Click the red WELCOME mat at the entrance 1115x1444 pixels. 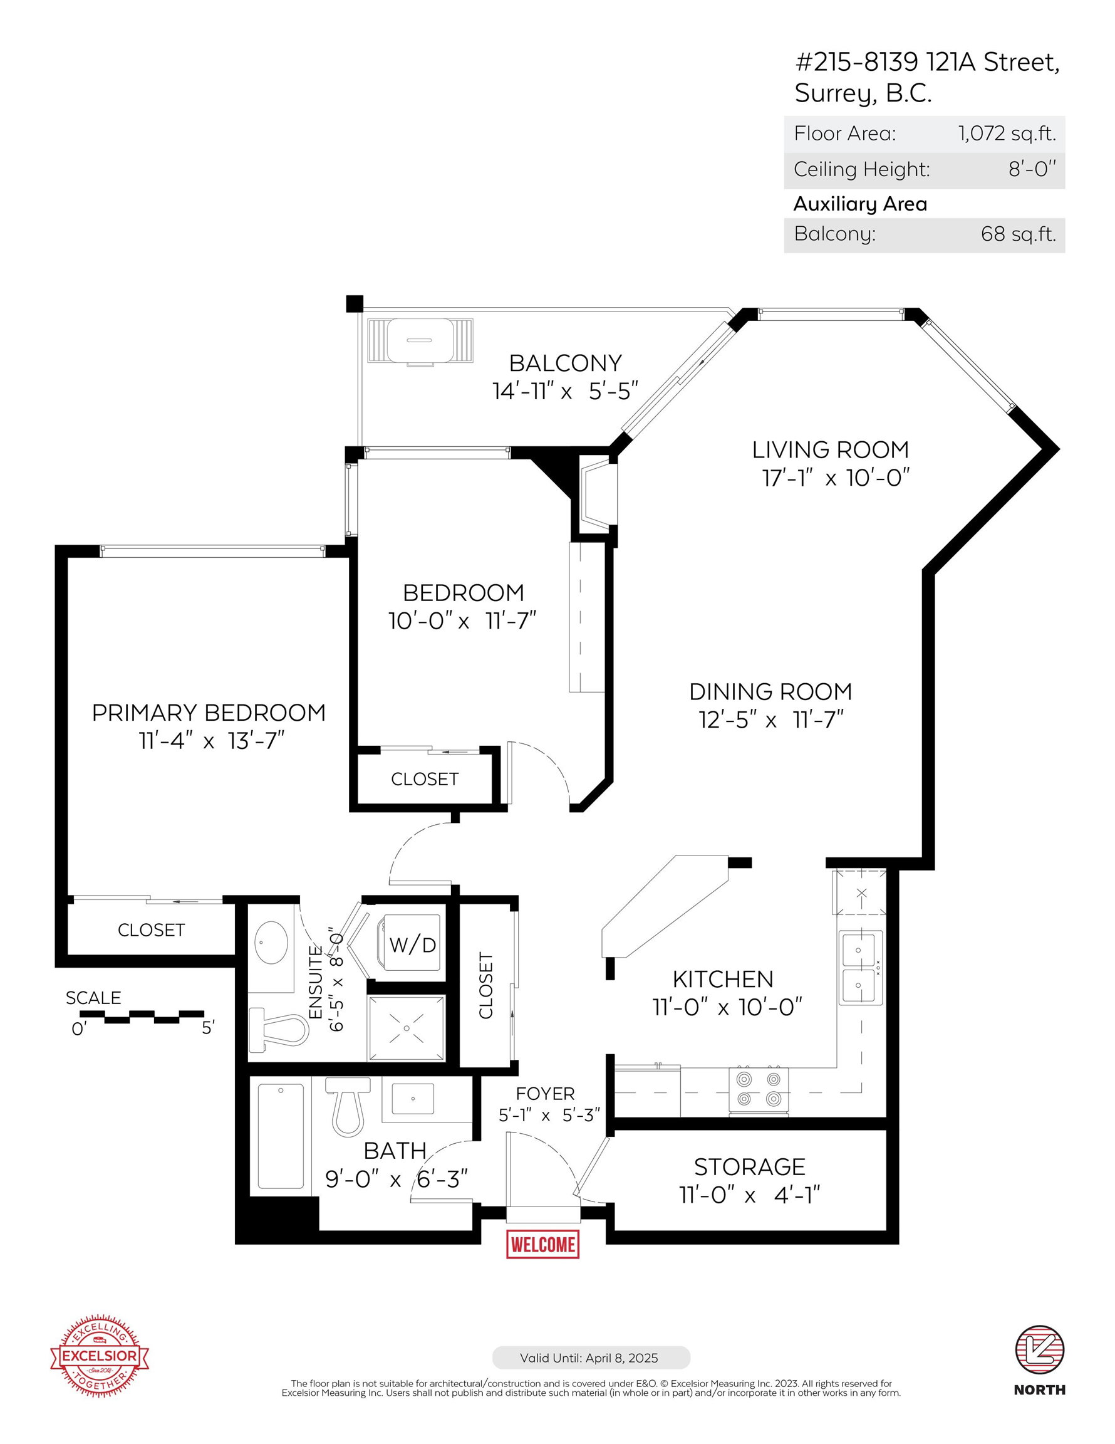coord(542,1244)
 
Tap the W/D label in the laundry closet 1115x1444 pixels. coord(412,946)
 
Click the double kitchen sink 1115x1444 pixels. coord(861,967)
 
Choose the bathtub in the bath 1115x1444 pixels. coord(281,1135)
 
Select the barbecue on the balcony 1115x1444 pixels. coord(420,341)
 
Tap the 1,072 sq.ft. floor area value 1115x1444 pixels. coord(1007,134)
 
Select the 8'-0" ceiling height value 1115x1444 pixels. coord(1032,169)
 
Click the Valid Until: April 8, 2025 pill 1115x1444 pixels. coord(591,1358)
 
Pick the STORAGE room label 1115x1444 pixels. coord(750,1167)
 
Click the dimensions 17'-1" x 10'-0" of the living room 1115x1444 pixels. coord(836,478)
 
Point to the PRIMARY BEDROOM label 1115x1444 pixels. coord(209,713)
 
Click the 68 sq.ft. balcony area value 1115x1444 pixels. coord(1019,234)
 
